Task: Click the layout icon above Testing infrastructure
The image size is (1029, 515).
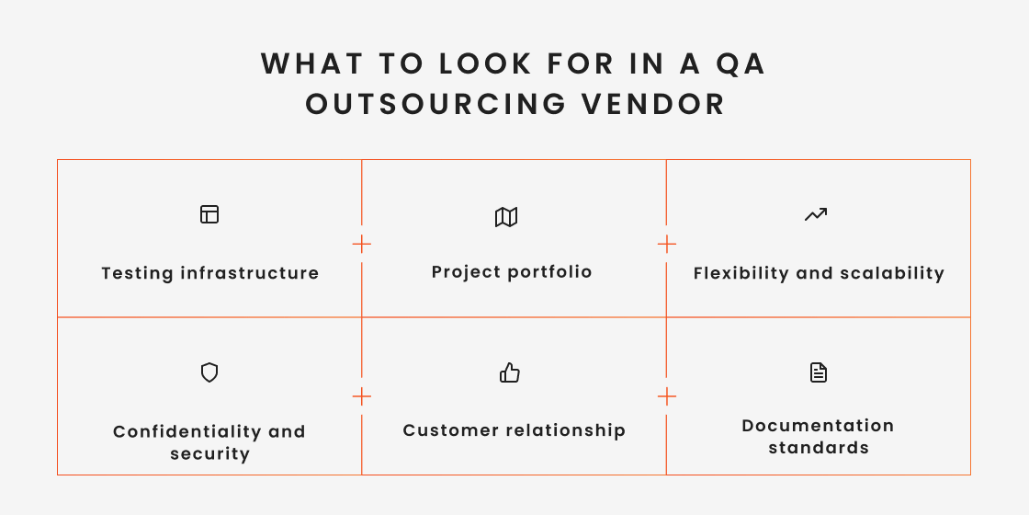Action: pos(209,214)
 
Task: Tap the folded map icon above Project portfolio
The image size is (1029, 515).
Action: pos(506,217)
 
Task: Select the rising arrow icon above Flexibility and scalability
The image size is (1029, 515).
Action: pos(816,214)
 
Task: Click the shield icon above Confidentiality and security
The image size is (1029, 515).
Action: pos(209,372)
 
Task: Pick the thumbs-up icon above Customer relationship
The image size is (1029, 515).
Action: pos(510,372)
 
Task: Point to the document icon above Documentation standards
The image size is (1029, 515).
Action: pos(818,372)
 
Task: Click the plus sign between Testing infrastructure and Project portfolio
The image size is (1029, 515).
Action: pos(362,244)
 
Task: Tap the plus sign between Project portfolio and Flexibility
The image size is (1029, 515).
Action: pos(667,244)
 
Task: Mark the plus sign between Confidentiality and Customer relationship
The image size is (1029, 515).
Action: pos(362,396)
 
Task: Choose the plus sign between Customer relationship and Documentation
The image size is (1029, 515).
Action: pos(667,396)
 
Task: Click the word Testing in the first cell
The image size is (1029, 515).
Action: pos(137,273)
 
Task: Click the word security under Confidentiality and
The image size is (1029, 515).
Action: pos(209,454)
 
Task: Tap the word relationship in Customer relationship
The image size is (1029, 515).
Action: pos(570,430)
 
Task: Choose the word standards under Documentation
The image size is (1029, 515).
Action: pos(819,448)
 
